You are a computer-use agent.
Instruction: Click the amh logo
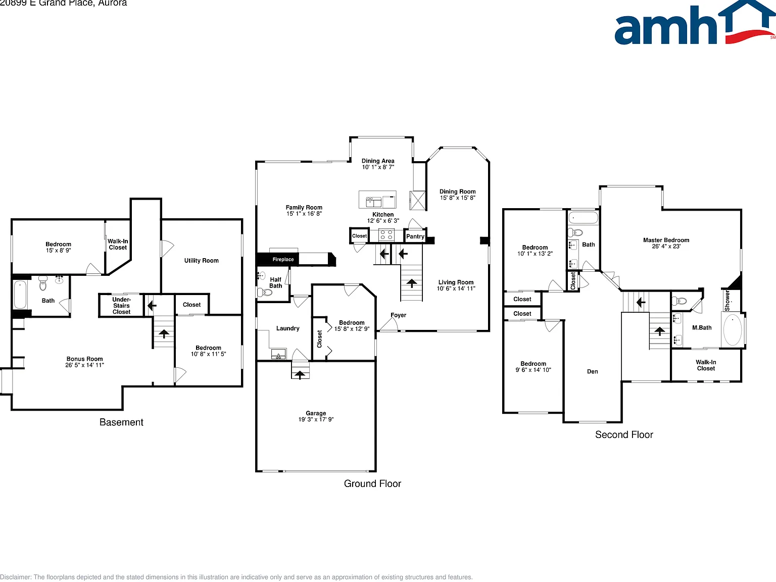pyautogui.click(x=695, y=23)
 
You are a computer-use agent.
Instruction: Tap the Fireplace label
pyautogui.click(x=283, y=259)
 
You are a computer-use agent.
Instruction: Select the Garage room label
pyautogui.click(x=316, y=413)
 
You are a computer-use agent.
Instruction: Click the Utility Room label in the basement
pyautogui.click(x=201, y=260)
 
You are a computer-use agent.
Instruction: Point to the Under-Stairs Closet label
pyautogui.click(x=121, y=306)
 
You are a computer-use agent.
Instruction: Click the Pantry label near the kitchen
pyautogui.click(x=415, y=236)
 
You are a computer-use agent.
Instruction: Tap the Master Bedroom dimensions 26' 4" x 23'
pyautogui.click(x=666, y=247)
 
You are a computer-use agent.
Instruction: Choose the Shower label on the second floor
pyautogui.click(x=727, y=301)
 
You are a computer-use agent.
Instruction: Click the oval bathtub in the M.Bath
pyautogui.click(x=733, y=330)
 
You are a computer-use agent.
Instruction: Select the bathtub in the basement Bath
pyautogui.click(x=20, y=295)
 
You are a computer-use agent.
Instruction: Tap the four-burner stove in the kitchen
pyautogui.click(x=386, y=235)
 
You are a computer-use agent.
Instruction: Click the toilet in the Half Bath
pyautogui.click(x=264, y=293)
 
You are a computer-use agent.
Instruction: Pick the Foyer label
pyautogui.click(x=398, y=315)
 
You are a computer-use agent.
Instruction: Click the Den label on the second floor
pyautogui.click(x=593, y=371)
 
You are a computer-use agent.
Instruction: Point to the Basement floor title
pyautogui.click(x=121, y=422)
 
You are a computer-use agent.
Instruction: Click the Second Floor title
pyautogui.click(x=624, y=434)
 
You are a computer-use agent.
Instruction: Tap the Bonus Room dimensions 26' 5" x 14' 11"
pyautogui.click(x=84, y=365)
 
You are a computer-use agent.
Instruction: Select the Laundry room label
pyautogui.click(x=288, y=328)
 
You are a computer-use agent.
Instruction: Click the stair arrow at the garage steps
pyautogui.click(x=300, y=374)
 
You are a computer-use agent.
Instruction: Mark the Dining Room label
pyautogui.click(x=458, y=191)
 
